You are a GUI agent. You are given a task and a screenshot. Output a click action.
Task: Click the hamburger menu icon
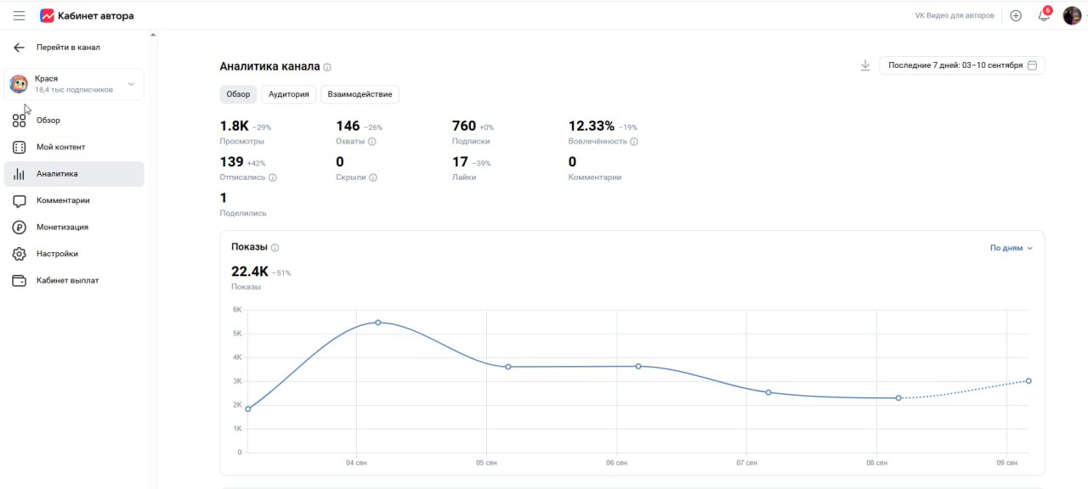[19, 16]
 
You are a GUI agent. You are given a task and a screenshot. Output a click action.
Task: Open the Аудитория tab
[288, 94]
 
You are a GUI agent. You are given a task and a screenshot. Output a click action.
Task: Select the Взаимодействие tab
[360, 94]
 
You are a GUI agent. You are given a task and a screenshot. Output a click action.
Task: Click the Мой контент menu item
[60, 147]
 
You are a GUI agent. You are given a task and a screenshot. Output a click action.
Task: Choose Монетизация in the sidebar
[62, 227]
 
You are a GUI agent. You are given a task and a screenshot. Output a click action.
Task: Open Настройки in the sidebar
[57, 254]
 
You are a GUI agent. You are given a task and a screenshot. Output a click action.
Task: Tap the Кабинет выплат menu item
[67, 280]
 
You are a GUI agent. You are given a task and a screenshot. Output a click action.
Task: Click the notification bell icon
[1043, 15]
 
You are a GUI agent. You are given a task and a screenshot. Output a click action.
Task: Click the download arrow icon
[865, 65]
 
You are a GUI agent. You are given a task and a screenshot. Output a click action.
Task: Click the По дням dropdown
[1011, 248]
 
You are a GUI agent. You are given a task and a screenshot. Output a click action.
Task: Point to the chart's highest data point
[378, 323]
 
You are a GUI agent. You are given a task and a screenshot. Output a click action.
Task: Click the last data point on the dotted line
[1028, 381]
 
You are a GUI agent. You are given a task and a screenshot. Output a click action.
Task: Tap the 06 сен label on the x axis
[616, 463]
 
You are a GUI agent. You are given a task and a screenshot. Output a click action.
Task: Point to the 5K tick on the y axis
[237, 334]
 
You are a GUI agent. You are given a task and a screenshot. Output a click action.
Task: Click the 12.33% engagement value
[591, 126]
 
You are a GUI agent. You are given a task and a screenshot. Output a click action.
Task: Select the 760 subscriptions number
[464, 126]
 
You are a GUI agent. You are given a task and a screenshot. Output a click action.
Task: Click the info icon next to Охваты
[372, 142]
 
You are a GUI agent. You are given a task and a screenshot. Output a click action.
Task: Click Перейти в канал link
[68, 48]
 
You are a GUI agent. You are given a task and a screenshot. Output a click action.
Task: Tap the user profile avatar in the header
[1072, 15]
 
